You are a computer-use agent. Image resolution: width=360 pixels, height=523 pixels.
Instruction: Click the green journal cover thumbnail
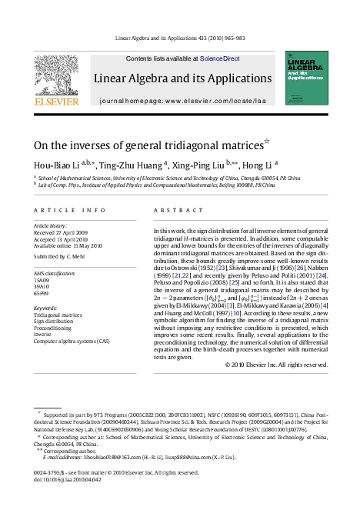tap(307, 78)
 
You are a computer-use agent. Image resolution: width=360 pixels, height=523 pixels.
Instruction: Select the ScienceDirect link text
tap(219, 58)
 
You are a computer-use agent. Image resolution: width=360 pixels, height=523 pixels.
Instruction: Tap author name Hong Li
tap(255, 164)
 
